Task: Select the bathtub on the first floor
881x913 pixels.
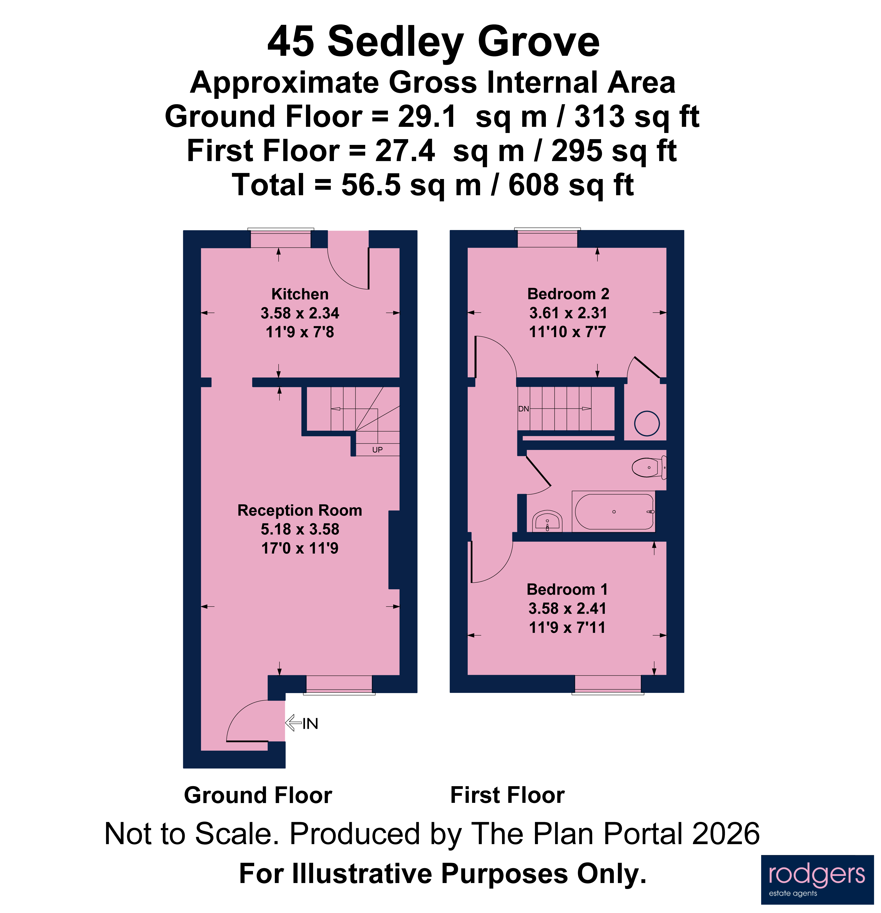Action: tap(614, 511)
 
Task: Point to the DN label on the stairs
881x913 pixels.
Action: tap(523, 409)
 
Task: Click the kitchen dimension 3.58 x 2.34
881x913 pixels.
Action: tap(300, 313)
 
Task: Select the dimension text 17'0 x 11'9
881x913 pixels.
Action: tap(300, 548)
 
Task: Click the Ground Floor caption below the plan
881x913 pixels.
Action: tap(258, 795)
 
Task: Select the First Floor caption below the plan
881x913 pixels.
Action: tap(507, 795)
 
